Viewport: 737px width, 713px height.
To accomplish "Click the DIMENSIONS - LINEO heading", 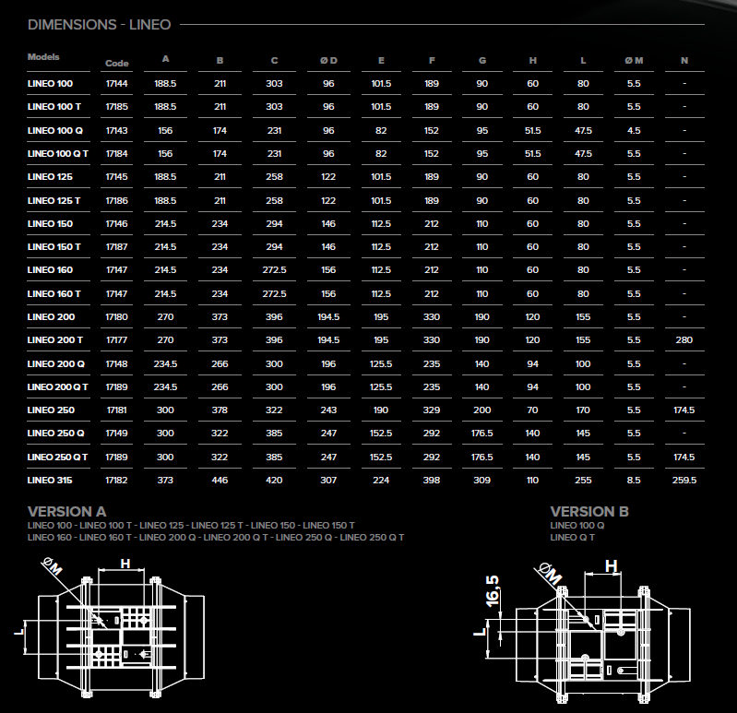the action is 100,24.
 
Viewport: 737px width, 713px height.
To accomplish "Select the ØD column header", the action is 328,61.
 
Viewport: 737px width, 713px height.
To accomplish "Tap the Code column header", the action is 116,63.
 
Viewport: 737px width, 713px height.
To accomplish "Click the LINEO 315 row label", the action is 50,480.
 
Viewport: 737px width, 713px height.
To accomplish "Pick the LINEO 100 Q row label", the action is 55,131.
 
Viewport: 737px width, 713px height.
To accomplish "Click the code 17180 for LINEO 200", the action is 116,316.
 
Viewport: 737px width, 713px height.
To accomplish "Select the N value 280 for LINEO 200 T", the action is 684,339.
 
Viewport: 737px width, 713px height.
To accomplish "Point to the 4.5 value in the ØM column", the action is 634,131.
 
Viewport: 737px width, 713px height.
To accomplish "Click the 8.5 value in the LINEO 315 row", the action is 634,480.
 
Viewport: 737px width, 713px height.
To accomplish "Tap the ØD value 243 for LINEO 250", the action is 328,410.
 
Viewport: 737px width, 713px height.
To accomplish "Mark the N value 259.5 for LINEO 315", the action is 684,480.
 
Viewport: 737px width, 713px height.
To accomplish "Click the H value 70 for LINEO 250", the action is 532,410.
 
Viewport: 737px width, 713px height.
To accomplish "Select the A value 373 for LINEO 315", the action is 165,480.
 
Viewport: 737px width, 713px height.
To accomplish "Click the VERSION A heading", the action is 66,511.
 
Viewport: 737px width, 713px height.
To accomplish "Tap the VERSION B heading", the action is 589,511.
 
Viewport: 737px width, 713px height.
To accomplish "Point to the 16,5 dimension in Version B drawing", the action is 493,591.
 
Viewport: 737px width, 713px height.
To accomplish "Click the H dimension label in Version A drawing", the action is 125,563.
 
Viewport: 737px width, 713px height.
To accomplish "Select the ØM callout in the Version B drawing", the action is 549,574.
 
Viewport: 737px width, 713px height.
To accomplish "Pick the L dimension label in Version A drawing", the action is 18,632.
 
